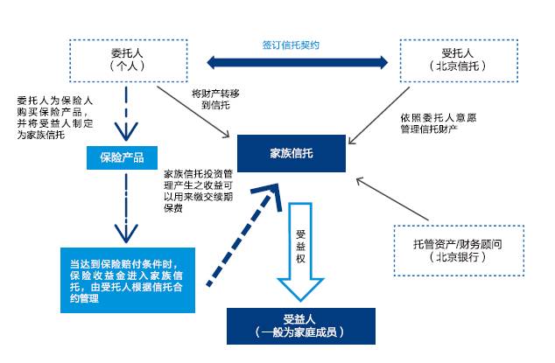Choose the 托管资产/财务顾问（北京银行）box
(457, 248)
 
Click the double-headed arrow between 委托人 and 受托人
(297, 61)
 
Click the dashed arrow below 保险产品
(126, 205)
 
